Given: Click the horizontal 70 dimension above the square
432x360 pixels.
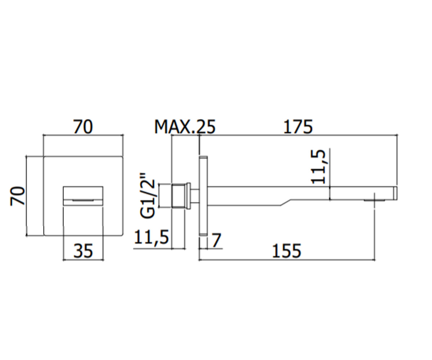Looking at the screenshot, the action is coord(83,126).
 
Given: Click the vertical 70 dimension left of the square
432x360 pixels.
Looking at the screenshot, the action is coord(17,196).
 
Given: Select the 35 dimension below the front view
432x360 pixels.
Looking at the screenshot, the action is coord(83,251).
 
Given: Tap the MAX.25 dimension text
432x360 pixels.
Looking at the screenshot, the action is coord(185,127).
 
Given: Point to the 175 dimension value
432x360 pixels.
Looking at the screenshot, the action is coord(298,127).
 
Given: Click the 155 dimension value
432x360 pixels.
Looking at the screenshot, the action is coord(286,251).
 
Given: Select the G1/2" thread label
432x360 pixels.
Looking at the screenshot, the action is coord(148,195).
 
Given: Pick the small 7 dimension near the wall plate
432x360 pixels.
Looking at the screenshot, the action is coord(217,240).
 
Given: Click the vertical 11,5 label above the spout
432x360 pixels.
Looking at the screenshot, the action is coord(318,167).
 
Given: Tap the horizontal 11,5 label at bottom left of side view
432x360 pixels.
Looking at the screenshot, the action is coord(152,237).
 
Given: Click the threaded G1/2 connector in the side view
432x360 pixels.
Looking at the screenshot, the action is coord(179,195).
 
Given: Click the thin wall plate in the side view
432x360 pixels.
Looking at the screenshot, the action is coord(203,195).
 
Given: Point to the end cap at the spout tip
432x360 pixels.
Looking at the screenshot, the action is coord(395,193).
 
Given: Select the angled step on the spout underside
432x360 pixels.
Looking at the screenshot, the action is coord(286,203).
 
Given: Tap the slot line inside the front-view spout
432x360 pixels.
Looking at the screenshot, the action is coord(83,200).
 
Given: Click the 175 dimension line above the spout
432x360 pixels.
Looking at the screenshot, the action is coord(298,135).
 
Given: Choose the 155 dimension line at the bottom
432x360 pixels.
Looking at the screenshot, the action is coord(287,260).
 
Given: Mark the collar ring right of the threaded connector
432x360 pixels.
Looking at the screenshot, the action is coord(188,195).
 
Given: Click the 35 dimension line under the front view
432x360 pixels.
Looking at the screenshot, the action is coord(83,260).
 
